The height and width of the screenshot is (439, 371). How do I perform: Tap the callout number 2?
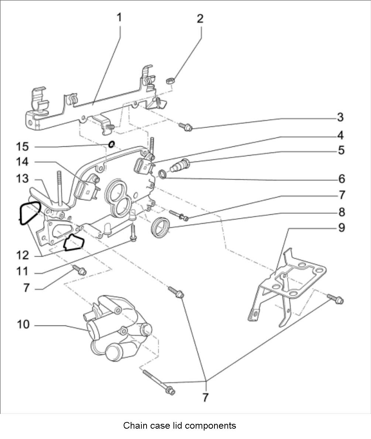point(200,19)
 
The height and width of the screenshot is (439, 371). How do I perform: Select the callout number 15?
point(22,147)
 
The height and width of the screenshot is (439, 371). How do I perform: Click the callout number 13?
point(22,178)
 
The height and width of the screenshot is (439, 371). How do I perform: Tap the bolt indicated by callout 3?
point(185,127)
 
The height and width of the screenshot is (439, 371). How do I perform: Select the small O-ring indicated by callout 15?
point(111,144)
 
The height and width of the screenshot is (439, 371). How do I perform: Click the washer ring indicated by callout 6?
point(162,173)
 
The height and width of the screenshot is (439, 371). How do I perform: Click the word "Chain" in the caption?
point(134,425)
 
